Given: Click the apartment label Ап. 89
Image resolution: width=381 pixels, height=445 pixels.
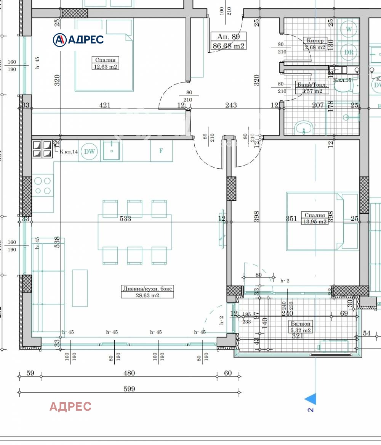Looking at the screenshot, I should [x=229, y=37].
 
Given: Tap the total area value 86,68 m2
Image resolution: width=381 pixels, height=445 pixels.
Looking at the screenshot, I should [x=229, y=46].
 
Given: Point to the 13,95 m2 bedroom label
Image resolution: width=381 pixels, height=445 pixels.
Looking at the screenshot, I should [x=315, y=218].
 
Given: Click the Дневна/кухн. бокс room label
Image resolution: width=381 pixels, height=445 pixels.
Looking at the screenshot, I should [x=147, y=292].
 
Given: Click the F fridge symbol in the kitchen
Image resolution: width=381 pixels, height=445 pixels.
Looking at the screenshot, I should [x=161, y=151].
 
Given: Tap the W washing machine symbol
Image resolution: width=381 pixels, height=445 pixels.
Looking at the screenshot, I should [x=349, y=29].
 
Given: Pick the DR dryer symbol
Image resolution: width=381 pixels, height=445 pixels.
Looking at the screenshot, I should [x=349, y=52].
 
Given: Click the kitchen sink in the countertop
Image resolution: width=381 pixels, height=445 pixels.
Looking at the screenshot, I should [x=111, y=151].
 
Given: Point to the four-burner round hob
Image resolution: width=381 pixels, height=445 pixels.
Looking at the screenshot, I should [x=43, y=185].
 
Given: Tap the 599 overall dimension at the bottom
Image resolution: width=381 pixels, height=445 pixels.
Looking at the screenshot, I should [x=129, y=389].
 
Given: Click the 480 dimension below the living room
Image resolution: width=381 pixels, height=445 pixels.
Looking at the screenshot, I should [x=129, y=373].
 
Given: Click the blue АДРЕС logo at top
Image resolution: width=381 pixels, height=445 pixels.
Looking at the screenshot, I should [x=78, y=39].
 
